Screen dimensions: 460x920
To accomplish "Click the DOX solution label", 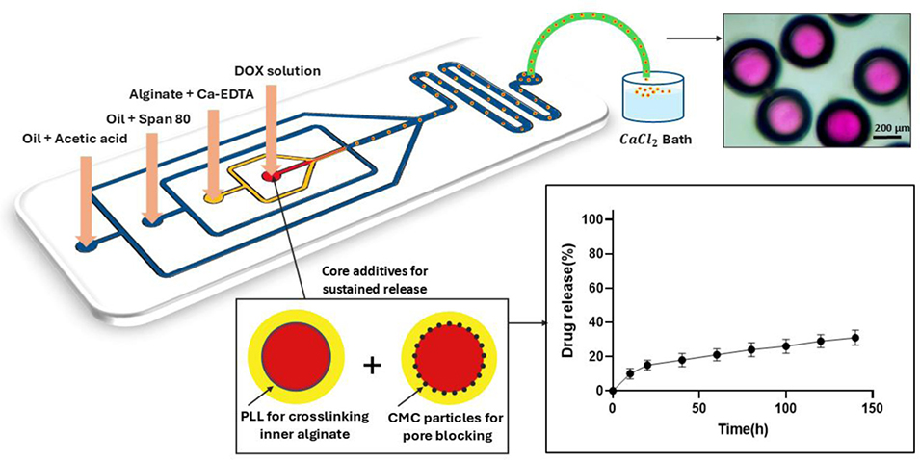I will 277,71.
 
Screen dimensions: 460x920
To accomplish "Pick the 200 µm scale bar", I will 887,134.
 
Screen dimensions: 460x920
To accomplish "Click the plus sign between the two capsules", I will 372,366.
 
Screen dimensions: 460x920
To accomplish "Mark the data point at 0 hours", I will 612,391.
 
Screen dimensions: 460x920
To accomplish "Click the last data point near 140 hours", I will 854,337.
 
